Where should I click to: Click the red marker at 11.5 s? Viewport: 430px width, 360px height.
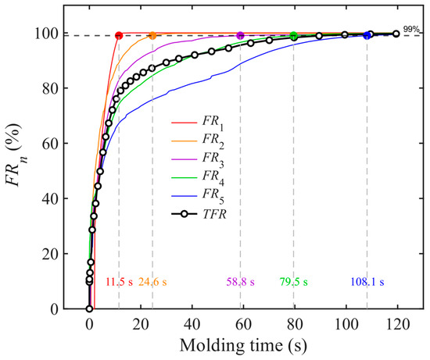(119, 35)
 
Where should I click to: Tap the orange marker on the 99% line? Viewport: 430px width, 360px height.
(152, 35)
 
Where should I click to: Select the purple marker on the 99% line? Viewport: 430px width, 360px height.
(240, 35)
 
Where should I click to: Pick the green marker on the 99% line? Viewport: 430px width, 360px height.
(294, 35)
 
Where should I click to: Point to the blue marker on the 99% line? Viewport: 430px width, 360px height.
(367, 35)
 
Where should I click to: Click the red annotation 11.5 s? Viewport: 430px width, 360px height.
(120, 282)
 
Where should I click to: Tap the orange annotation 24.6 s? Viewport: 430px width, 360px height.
(152, 282)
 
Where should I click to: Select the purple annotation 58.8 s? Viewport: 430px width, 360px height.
(241, 282)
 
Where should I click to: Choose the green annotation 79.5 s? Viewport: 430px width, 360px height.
(294, 282)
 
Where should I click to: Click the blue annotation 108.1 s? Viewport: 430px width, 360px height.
(367, 282)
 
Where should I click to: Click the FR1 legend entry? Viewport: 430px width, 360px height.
(198, 123)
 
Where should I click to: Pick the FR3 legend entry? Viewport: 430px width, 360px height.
(198, 159)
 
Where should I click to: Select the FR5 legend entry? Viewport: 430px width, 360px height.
(198, 196)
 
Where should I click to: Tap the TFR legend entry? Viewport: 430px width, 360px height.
(199, 214)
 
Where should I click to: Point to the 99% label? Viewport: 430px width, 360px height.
(411, 29)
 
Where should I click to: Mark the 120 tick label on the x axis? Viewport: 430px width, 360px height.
(396, 325)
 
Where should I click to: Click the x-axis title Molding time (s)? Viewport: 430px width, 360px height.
(243, 345)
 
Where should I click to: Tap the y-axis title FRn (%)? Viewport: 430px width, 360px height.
(16, 155)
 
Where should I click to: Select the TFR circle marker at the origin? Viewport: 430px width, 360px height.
(89, 308)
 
